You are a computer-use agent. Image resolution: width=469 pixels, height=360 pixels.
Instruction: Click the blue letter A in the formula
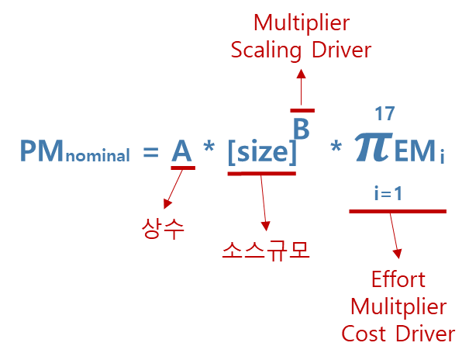click(181, 151)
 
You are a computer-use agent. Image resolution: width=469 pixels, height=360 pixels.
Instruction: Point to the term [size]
click(262, 151)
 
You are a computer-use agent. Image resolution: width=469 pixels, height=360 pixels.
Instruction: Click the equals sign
click(150, 152)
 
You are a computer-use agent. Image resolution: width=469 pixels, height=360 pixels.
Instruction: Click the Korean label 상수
click(163, 229)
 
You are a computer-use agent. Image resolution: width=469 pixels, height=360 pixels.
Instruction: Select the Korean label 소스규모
click(265, 250)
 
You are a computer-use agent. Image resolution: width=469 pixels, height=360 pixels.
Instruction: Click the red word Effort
click(399, 279)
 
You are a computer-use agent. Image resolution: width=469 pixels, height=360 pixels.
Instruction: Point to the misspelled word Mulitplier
click(398, 306)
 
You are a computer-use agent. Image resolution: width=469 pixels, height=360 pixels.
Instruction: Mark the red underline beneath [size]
click(261, 174)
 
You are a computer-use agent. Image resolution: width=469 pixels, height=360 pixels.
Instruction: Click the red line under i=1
click(397, 211)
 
